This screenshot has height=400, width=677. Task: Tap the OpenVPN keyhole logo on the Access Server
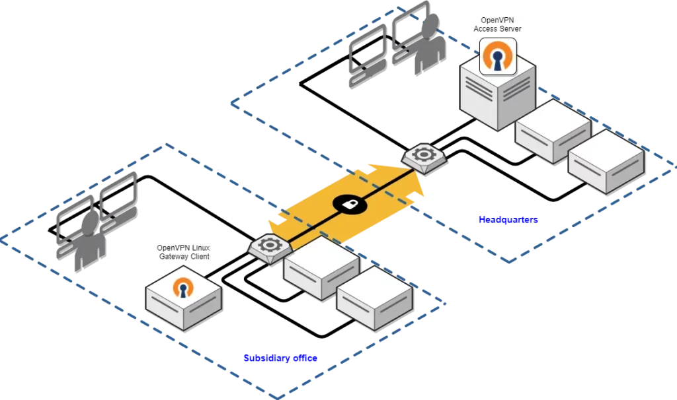tap(497, 56)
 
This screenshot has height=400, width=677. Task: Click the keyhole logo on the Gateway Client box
tap(182, 288)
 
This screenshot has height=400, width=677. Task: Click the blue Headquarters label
tap(508, 220)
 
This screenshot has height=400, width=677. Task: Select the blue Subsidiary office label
tap(280, 358)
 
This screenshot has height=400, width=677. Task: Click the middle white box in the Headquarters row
tap(552, 132)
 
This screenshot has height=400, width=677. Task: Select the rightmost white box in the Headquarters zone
tap(606, 162)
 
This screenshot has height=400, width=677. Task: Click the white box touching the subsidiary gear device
tap(321, 267)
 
